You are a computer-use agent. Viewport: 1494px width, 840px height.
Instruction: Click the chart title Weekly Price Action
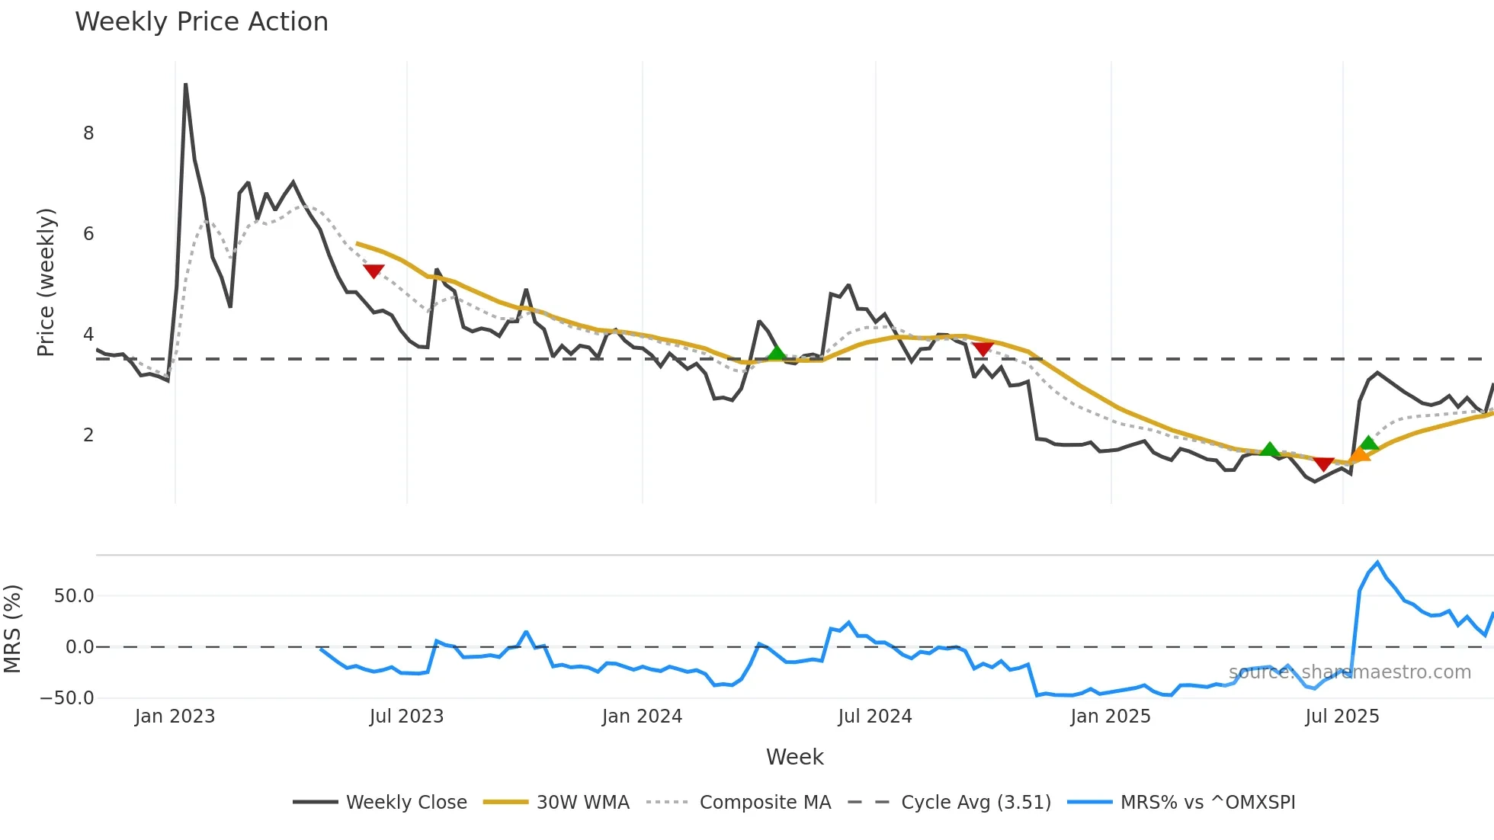coord(201,22)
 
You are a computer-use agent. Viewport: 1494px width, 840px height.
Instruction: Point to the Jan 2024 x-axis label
coord(642,717)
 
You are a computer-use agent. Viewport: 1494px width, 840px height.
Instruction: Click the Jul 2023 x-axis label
coord(406,717)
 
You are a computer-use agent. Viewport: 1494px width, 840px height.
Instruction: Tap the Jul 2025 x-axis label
coord(1342,717)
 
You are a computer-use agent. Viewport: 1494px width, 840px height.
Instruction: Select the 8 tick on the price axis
coord(88,133)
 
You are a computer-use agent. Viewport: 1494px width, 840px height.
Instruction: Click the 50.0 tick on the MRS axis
coord(74,596)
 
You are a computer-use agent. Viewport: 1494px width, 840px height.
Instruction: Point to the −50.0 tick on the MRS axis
coord(67,698)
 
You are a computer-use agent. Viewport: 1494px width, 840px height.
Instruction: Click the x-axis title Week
coord(794,757)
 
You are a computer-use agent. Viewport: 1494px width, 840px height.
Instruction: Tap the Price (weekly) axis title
coord(46,282)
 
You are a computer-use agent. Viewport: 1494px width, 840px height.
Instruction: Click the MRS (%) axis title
coord(12,629)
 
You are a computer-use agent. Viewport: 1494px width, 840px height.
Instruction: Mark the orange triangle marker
coord(1359,455)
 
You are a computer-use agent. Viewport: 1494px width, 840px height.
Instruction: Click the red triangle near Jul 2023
coord(373,271)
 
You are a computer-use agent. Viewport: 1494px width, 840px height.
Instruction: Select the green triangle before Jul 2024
coord(776,352)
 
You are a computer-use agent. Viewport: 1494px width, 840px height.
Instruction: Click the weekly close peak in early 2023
coord(185,85)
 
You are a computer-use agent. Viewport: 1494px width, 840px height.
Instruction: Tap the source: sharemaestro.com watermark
coord(1349,672)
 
